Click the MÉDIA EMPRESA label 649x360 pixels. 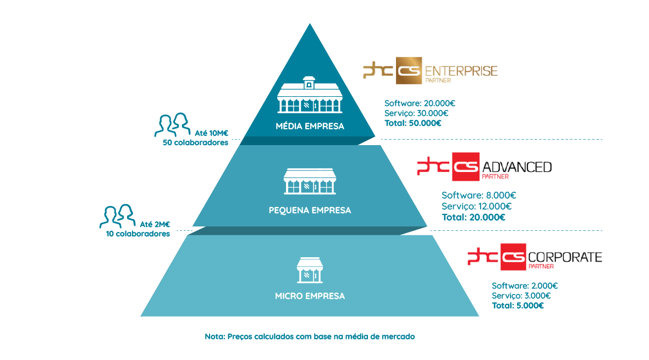[310, 126]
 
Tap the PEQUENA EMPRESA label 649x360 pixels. [310, 210]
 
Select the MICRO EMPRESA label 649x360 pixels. [310, 296]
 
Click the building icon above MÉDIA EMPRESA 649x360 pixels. [310, 95]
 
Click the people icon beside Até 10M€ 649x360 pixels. [172, 124]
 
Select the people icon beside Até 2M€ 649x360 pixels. [117, 216]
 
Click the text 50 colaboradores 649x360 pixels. [195, 143]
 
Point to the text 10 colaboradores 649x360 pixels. [138, 234]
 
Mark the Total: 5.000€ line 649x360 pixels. [518, 306]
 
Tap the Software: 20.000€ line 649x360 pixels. [420, 103]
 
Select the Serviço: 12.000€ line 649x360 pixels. [476, 206]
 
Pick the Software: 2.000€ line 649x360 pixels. [525, 286]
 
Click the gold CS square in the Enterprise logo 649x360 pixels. [409, 72]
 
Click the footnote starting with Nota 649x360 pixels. [309, 336]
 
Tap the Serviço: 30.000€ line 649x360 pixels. [416, 113]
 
